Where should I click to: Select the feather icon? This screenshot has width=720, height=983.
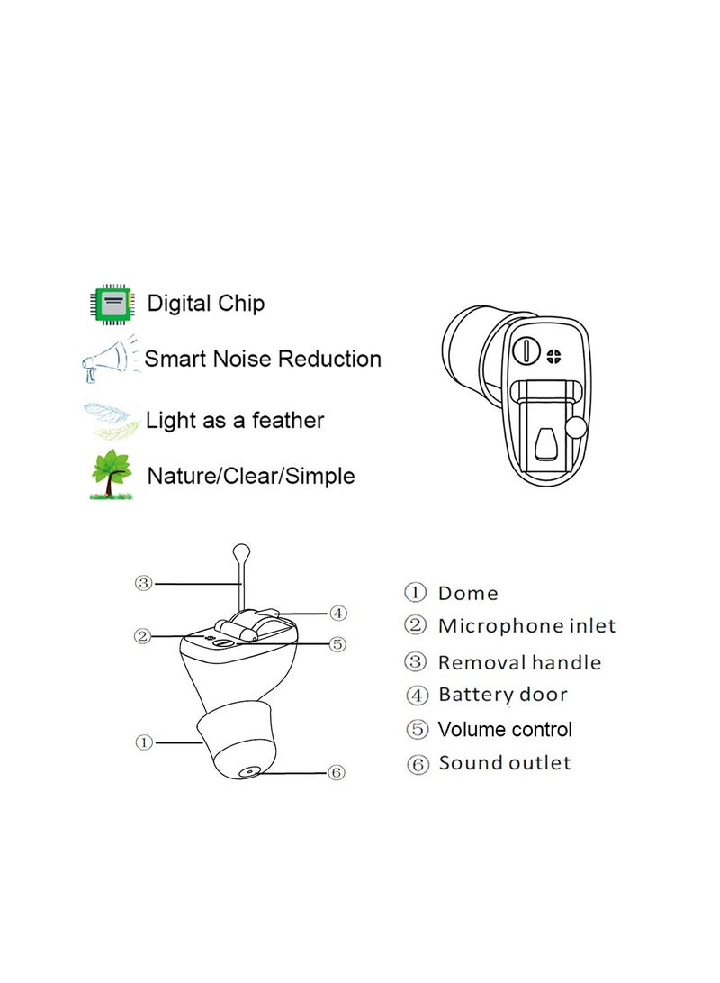pyautogui.click(x=110, y=420)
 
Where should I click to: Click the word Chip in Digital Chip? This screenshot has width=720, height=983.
pyautogui.click(x=241, y=304)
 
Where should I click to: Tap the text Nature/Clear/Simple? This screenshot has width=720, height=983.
pyautogui.click(x=250, y=476)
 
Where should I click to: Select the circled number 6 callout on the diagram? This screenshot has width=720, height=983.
pyautogui.click(x=337, y=772)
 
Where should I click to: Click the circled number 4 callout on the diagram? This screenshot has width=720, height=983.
pyautogui.click(x=337, y=614)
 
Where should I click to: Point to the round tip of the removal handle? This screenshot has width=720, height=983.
pyautogui.click(x=240, y=550)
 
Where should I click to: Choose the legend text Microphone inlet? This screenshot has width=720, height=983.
pyautogui.click(x=526, y=626)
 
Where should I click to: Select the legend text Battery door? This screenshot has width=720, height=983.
pyautogui.click(x=502, y=695)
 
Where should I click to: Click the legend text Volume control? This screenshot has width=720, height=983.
pyautogui.click(x=505, y=729)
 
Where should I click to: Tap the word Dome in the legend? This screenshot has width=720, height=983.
pyautogui.click(x=467, y=593)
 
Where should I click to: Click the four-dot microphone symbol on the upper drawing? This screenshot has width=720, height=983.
pyautogui.click(x=553, y=355)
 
